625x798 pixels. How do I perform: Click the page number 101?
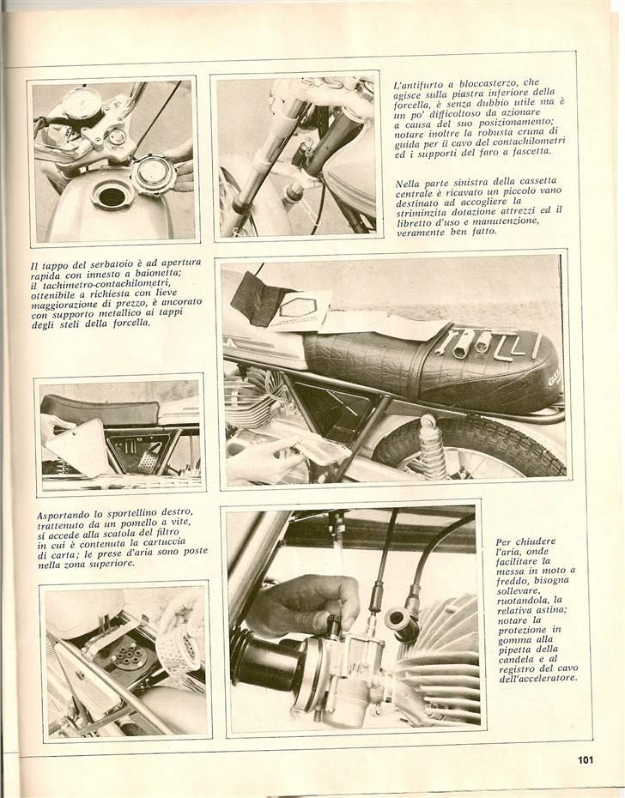tap(586, 759)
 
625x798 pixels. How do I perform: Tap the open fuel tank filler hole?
tap(111, 196)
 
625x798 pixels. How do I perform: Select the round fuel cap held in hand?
tap(155, 176)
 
